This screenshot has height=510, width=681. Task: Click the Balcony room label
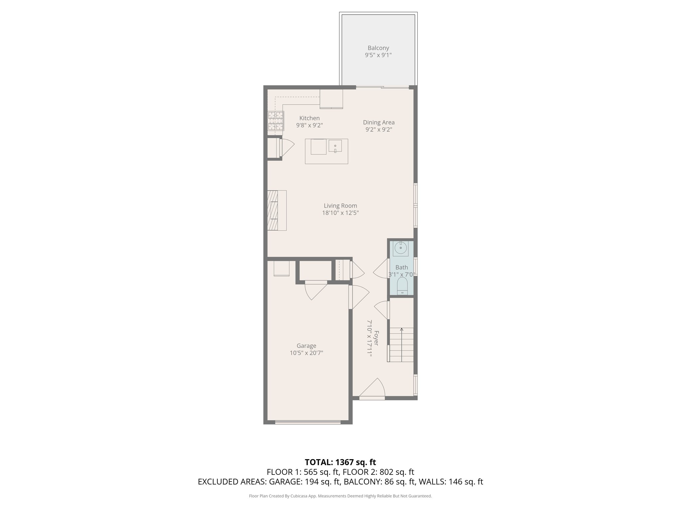click(x=378, y=48)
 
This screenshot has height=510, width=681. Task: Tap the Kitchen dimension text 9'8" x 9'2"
click(x=309, y=126)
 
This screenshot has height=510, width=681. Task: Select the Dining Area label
click(x=378, y=122)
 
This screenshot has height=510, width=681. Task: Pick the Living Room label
click(x=340, y=206)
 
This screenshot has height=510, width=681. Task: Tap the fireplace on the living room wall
click(x=273, y=210)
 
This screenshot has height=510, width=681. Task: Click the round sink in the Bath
click(x=401, y=248)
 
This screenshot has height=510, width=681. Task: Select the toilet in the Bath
click(x=402, y=286)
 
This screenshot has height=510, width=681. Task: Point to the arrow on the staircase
click(x=402, y=330)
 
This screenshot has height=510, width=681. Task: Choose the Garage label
click(x=306, y=346)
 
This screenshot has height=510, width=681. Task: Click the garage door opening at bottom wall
click(x=308, y=422)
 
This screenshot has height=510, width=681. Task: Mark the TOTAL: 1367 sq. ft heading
click(x=340, y=462)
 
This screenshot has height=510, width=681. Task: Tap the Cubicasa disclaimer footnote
click(x=340, y=496)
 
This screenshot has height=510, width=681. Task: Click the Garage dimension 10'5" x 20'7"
click(x=306, y=353)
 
